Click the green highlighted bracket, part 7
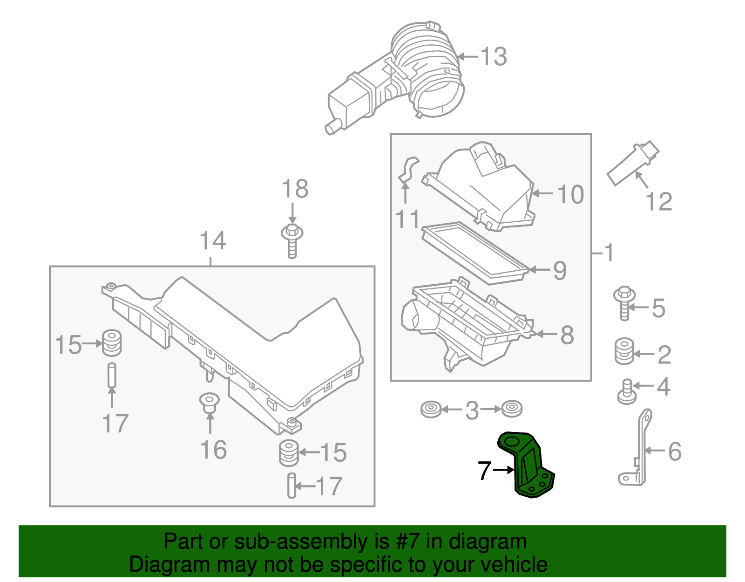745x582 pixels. point(528,466)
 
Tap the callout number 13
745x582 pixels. point(494,57)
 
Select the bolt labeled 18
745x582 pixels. point(292,240)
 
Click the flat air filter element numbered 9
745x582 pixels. point(475,252)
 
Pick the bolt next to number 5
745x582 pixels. point(624,303)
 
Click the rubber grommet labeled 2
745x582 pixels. point(624,352)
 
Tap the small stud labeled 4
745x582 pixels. point(627,391)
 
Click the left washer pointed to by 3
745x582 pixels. point(430,410)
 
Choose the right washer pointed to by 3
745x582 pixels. point(512,409)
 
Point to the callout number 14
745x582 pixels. point(213,241)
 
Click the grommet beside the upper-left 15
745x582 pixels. point(111,342)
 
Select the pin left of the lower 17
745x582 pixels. point(291,486)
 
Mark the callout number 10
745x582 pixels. point(570,194)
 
